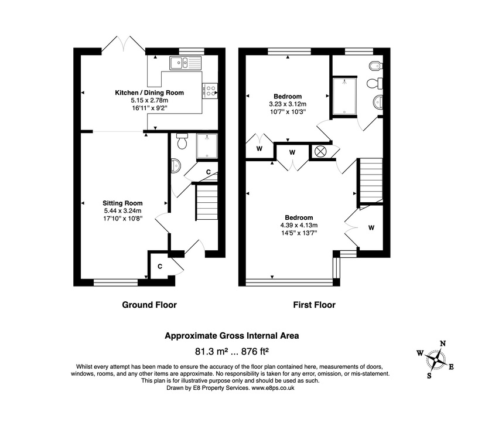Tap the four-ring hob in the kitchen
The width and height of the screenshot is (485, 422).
click(210, 91)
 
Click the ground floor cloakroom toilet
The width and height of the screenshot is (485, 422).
click(182, 142)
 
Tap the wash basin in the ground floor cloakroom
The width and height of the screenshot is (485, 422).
click(175, 166)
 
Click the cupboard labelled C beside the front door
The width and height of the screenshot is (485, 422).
click(159, 267)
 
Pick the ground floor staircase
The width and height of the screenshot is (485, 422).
click(206, 202)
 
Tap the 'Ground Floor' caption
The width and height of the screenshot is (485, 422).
click(149, 305)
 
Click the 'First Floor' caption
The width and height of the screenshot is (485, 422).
click(314, 305)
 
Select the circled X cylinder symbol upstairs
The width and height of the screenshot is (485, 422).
click(320, 151)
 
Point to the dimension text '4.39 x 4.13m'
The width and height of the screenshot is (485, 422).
click(299, 224)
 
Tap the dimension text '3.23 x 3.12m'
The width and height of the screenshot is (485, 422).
click(287, 104)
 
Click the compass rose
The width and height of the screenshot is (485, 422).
click(435, 359)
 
